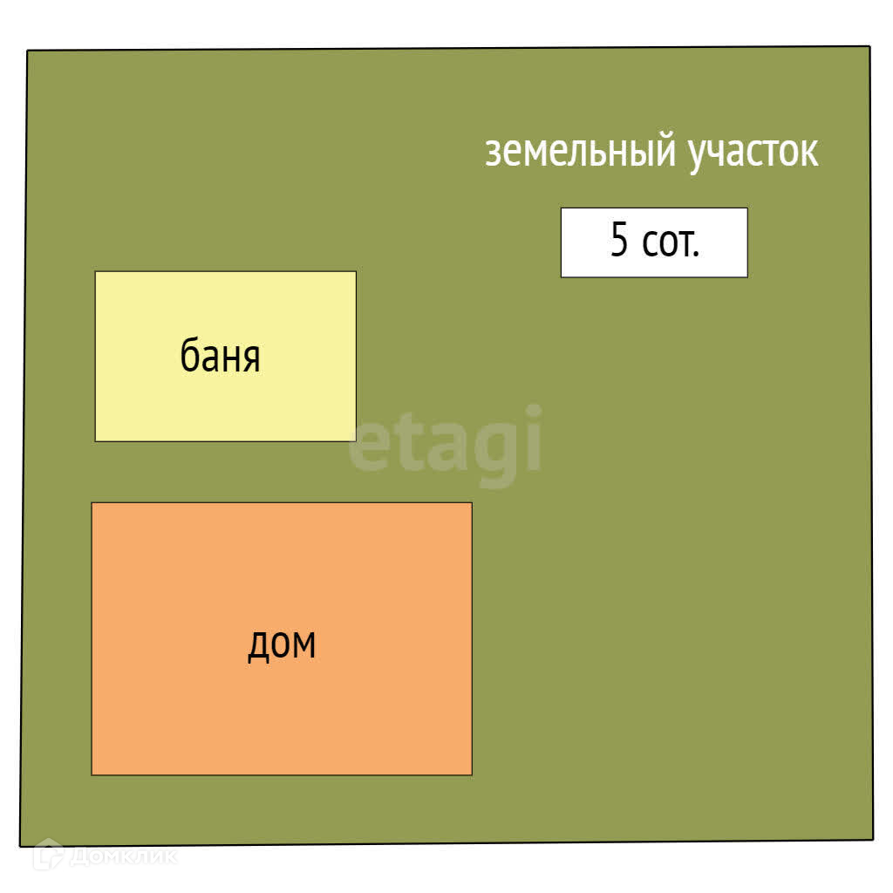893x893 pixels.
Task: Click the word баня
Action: pos(220,357)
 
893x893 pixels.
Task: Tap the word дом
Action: pos(281,644)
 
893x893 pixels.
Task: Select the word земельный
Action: pos(580,152)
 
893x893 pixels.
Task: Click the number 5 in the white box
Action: pos(618,242)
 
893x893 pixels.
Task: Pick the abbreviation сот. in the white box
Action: pos(671,243)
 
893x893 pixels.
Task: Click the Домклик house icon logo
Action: pos(47,856)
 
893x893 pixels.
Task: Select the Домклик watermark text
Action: pos(122,857)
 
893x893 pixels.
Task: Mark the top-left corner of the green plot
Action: pos(28,51)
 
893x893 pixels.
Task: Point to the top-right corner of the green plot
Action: pos(869,47)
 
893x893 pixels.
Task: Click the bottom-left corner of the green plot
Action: pos(21,845)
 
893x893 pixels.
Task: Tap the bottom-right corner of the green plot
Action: pos(872,839)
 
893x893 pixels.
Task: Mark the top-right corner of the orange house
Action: pos(471,503)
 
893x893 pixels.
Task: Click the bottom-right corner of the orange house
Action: pos(471,774)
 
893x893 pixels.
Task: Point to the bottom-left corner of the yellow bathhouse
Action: pos(96,440)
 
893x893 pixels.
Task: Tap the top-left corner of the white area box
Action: pos(562,209)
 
